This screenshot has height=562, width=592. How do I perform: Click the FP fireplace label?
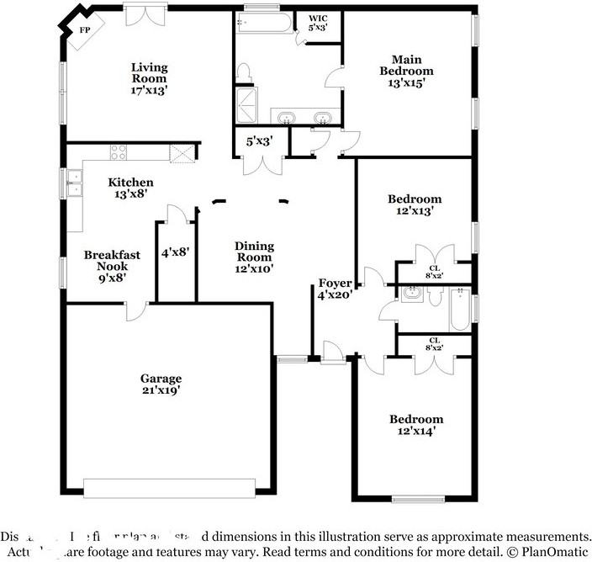click(x=84, y=31)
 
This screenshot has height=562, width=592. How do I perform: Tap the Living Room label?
click(x=149, y=78)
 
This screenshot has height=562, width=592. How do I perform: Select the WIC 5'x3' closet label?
click(x=318, y=23)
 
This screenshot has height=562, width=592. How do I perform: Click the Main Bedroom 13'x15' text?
click(x=412, y=71)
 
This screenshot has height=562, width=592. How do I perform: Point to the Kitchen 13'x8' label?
click(x=130, y=188)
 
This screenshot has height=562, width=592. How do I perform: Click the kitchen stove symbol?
click(x=118, y=152)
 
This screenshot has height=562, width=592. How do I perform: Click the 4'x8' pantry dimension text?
click(x=176, y=252)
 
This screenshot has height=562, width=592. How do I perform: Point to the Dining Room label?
click(x=253, y=257)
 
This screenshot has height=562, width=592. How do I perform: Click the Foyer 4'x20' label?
click(x=334, y=289)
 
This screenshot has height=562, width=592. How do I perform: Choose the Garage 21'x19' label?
click(x=161, y=384)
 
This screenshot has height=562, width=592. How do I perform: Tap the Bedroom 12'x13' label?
click(x=414, y=205)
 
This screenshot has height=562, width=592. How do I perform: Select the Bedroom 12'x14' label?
click(x=415, y=425)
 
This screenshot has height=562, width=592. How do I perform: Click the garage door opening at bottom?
click(x=169, y=488)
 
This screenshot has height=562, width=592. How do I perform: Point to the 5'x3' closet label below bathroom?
click(x=259, y=142)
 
